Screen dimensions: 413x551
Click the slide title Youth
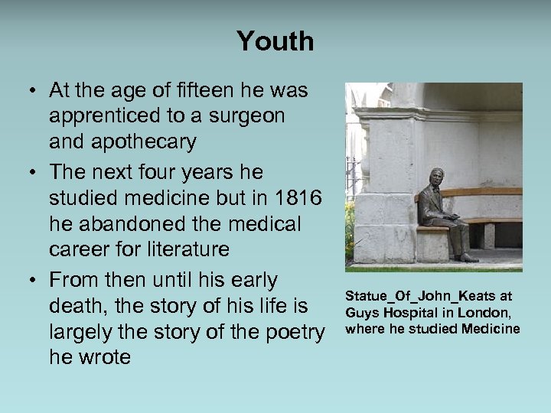pos(275,41)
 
